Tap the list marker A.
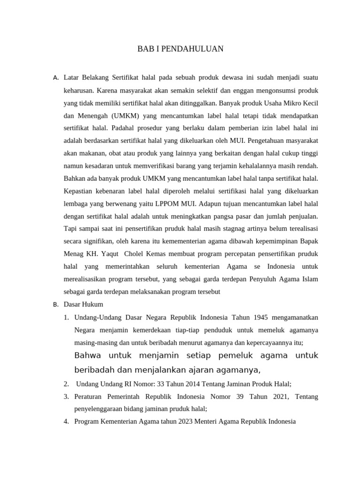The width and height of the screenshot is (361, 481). [55, 77]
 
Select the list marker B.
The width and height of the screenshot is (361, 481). [55, 304]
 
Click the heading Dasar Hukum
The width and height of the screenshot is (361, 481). [83, 304]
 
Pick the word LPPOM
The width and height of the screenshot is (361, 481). [174, 204]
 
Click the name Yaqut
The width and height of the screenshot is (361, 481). [109, 254]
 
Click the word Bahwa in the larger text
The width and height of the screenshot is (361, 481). [88, 355]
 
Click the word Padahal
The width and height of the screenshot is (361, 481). [120, 128]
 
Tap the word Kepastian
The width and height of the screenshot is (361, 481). [78, 191]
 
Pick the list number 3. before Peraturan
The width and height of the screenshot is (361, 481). [66, 396]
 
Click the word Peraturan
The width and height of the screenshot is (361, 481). [89, 396]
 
